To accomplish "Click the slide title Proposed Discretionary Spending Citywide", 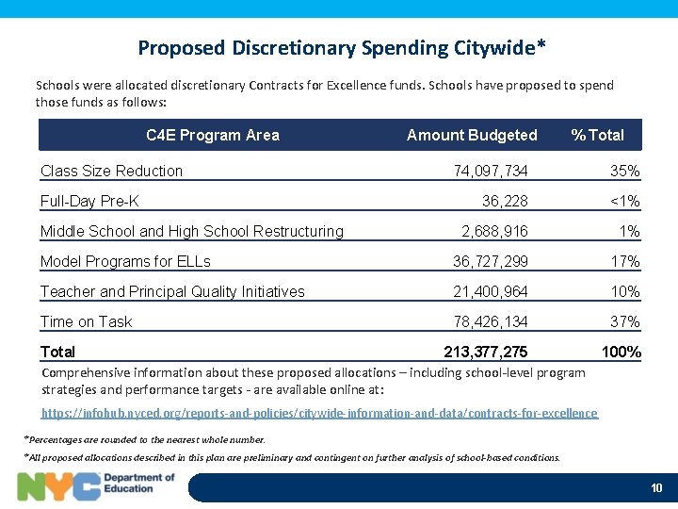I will (x=342, y=47).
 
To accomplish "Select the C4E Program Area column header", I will (x=213, y=135).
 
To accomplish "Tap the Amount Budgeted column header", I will (x=472, y=135).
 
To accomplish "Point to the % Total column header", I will (x=597, y=135).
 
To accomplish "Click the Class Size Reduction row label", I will (x=111, y=171).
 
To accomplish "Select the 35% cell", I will (x=624, y=171).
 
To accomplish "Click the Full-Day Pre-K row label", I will (x=89, y=201).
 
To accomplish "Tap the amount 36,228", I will (x=505, y=201).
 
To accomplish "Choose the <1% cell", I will (x=624, y=201).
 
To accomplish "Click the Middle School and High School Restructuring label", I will (x=192, y=231).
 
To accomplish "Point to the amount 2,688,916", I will (x=494, y=231).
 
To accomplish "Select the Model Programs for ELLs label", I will (x=125, y=261).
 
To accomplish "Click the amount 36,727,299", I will (x=491, y=261).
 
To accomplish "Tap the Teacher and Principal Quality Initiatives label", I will (x=172, y=291).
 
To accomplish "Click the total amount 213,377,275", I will (x=486, y=353).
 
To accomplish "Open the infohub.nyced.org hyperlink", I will (x=319, y=413).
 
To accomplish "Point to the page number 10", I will (x=656, y=487).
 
